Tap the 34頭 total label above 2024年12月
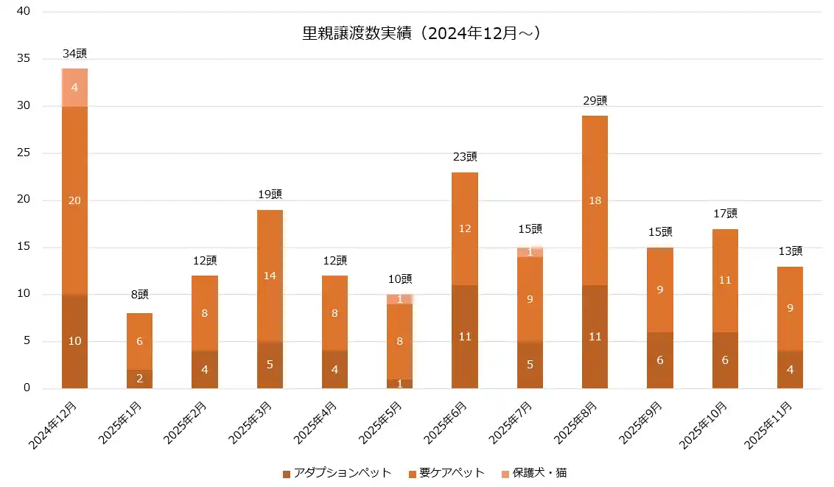[x=74, y=54]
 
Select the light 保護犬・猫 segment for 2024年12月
[x=74, y=87]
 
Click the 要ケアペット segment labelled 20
[x=74, y=200]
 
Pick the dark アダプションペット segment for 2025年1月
[x=139, y=379]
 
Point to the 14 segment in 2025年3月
[x=270, y=276]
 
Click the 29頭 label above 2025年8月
[x=595, y=101]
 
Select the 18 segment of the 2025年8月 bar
[x=595, y=200]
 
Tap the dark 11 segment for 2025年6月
[x=464, y=337]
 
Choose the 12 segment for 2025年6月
[x=464, y=228]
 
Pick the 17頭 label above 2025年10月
[x=725, y=214]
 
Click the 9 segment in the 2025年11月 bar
[x=790, y=308]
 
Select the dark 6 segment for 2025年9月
[x=659, y=360]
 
